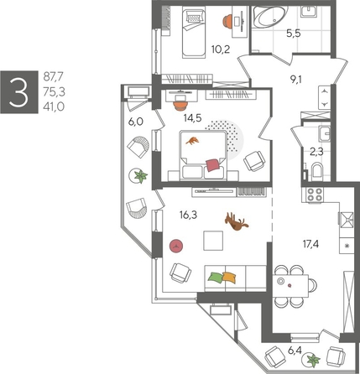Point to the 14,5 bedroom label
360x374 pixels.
[192, 117]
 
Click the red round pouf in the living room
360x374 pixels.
[176, 245]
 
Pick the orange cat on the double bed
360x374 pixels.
[194, 142]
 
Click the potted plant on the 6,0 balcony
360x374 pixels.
[139, 175]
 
